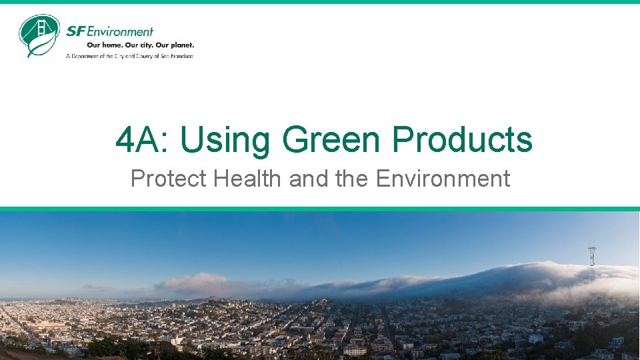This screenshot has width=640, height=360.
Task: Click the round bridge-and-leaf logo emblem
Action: click(x=39, y=35)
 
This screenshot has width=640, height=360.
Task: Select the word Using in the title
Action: click(x=225, y=140)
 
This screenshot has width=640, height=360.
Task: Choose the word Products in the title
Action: click(x=462, y=140)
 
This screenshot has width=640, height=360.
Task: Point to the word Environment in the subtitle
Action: click(x=443, y=179)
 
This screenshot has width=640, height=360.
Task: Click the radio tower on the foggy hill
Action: click(x=591, y=255)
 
